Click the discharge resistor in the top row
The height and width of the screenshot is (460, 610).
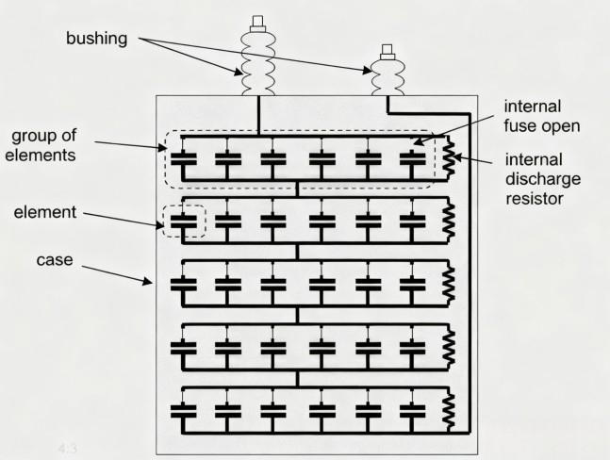coord(449,161)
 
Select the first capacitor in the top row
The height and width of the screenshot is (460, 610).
coord(183,161)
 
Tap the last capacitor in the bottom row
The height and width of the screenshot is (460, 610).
coord(412,412)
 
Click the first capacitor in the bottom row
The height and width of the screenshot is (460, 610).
coord(183,412)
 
